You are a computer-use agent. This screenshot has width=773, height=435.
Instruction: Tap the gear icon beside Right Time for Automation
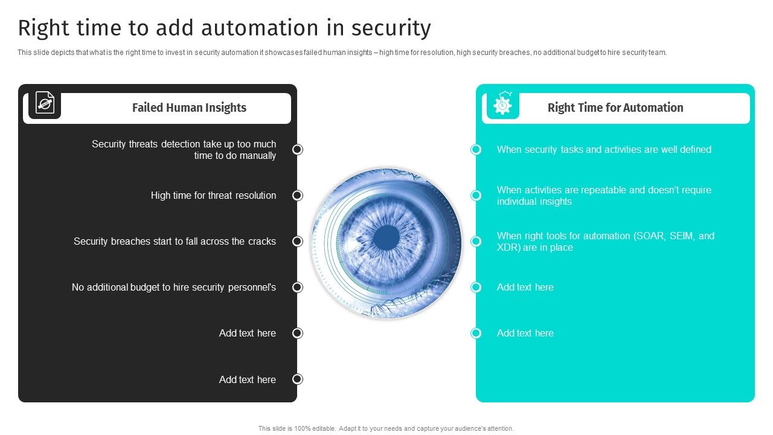[502, 105]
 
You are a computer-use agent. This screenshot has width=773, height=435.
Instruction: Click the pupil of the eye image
[386, 238]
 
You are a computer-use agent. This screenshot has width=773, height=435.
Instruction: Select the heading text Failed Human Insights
[189, 108]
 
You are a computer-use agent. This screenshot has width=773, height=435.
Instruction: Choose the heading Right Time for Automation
[615, 108]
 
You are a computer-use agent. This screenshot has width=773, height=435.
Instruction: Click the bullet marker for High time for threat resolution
[297, 195]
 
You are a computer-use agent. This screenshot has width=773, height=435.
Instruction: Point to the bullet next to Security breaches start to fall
[297, 241]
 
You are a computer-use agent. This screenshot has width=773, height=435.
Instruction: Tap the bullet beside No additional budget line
[297, 287]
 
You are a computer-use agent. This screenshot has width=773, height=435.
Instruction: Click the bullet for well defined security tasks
[476, 149]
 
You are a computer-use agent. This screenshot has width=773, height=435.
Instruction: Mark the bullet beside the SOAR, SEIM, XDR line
[476, 241]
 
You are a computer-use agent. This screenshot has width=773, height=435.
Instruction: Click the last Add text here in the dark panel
[248, 379]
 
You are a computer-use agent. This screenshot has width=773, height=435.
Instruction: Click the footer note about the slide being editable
[386, 428]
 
